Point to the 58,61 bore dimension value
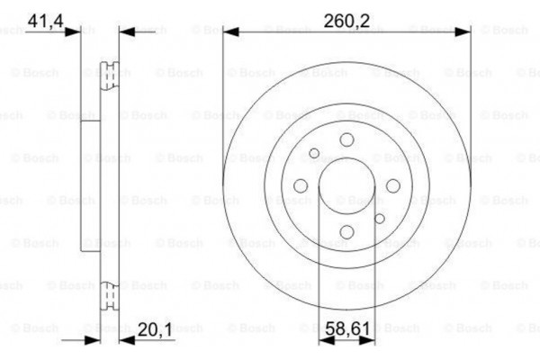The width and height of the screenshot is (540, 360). tap(346, 330)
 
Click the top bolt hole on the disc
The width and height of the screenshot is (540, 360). tap(346, 139)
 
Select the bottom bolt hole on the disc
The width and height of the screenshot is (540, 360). tap(346, 232)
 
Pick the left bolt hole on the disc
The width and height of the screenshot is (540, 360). tap(301, 185)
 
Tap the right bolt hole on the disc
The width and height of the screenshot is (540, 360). tap(393, 185)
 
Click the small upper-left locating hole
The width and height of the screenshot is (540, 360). tap(314, 153)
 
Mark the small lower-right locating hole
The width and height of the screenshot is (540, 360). tap(380, 219)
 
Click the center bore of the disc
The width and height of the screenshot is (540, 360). tap(346, 185)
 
